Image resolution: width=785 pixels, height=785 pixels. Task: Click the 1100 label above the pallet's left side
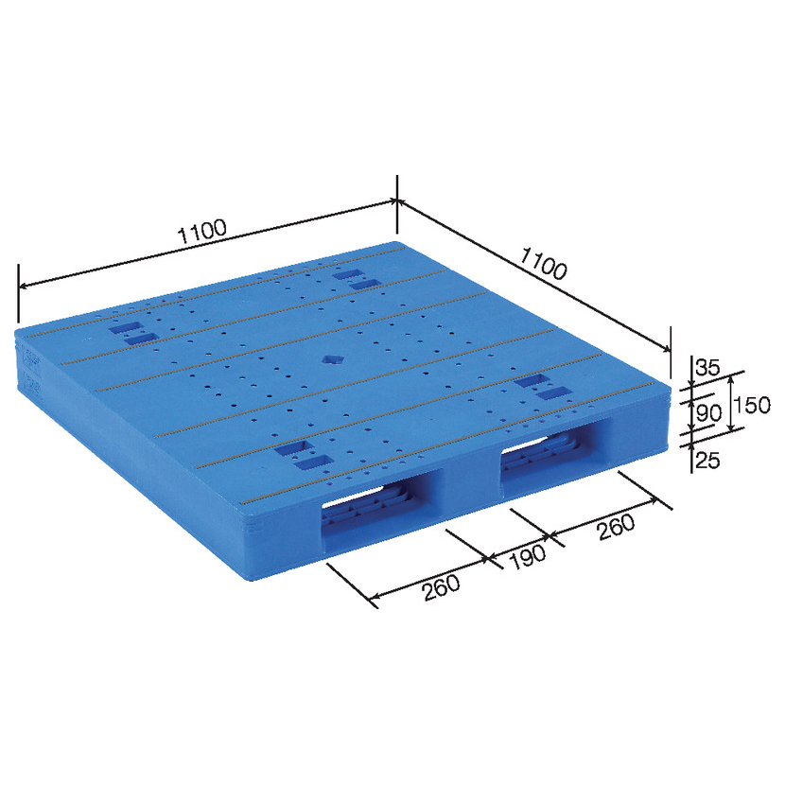click(x=203, y=232)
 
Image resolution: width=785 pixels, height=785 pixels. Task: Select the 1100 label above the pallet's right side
click(x=544, y=263)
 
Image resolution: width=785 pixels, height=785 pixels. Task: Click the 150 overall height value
click(x=752, y=405)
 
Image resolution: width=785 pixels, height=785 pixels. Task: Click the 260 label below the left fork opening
click(x=441, y=587)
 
